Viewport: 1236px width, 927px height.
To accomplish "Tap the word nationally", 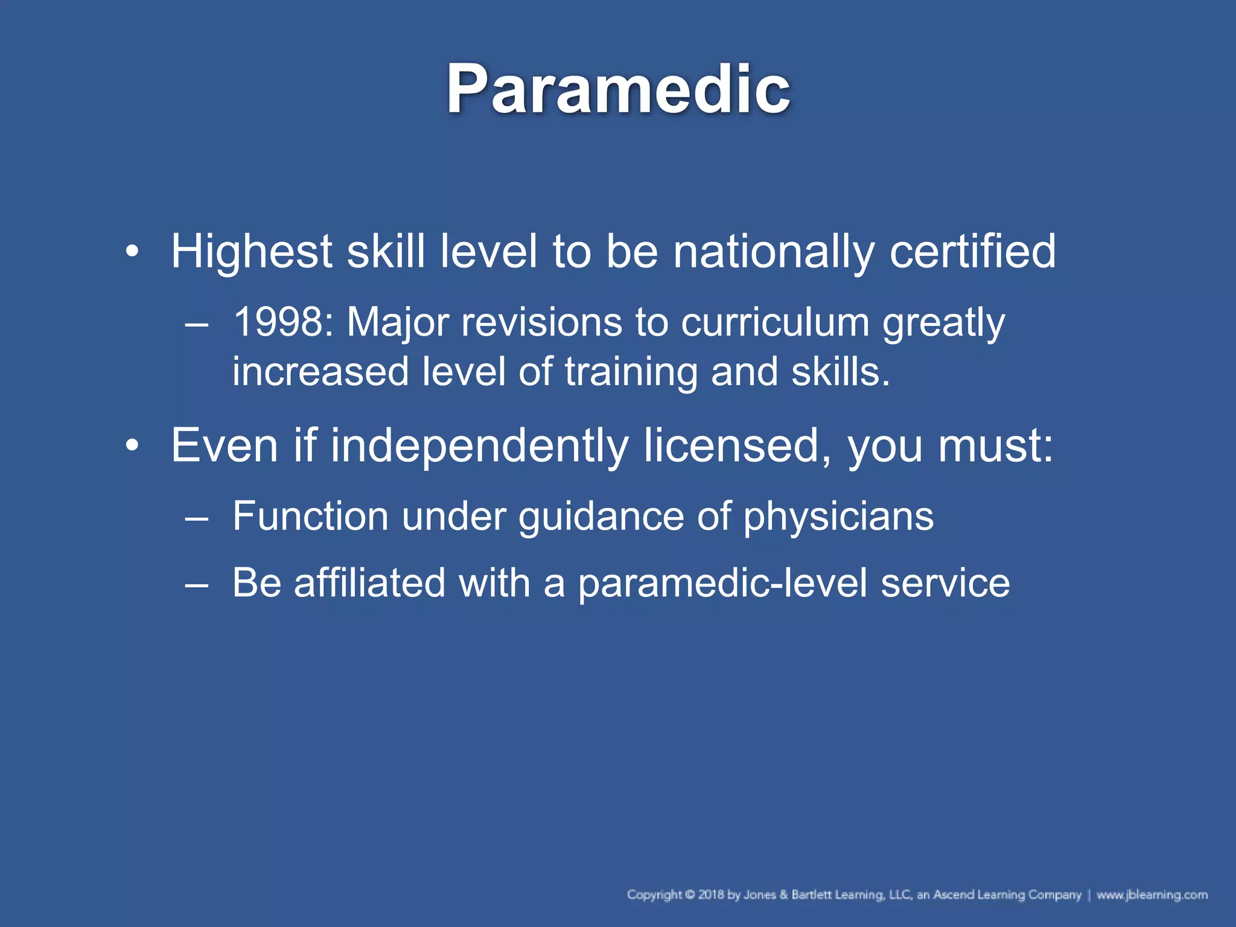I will pos(773,251).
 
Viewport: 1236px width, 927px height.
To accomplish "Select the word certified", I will pos(972,251).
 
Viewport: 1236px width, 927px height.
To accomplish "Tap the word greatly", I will pos(943,323).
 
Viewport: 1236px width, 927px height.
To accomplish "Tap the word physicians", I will pos(838,517).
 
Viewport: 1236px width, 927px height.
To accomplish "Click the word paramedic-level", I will pos(722,584).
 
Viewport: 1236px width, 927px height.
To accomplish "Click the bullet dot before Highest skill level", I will pos(132,252).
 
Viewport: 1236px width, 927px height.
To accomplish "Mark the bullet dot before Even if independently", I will pos(132,446).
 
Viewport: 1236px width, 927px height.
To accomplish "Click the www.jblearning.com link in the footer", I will pos(1152,894).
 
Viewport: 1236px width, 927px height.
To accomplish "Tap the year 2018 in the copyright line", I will pos(711,894).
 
